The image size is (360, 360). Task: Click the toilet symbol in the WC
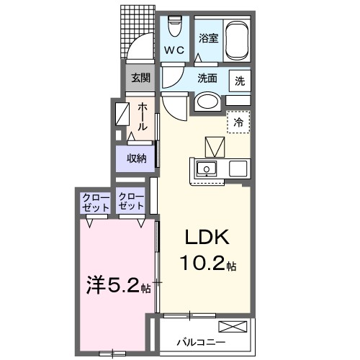tap(174, 26)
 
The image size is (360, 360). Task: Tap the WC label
tap(174, 50)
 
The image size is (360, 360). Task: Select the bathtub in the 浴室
tap(237, 41)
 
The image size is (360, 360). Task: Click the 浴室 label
tap(208, 38)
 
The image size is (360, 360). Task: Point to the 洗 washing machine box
tap(240, 81)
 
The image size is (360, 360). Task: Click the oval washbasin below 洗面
tap(208, 102)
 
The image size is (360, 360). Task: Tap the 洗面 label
tap(207, 78)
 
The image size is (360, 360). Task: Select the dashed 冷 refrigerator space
tap(238, 122)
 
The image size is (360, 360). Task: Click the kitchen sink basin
tap(207, 168)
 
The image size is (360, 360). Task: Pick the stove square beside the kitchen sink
tap(238, 168)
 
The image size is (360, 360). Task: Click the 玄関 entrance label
tap(140, 78)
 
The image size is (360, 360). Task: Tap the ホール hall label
tap(143, 117)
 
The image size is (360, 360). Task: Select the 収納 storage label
tap(136, 158)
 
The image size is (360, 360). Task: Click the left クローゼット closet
tap(96, 203)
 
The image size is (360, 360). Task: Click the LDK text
tap(207, 237)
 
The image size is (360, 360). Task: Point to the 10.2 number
tap(202, 263)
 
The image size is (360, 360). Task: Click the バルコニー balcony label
tap(201, 342)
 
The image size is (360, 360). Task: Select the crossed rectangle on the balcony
tap(233, 327)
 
